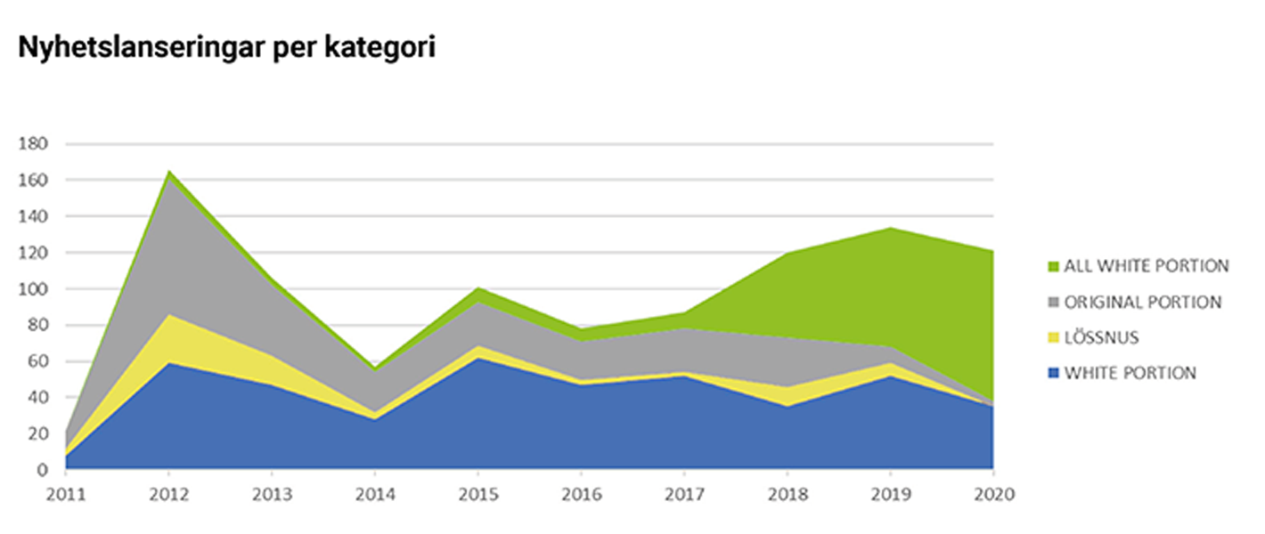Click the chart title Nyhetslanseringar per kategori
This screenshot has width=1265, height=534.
(226, 48)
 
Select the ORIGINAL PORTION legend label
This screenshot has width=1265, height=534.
(1143, 302)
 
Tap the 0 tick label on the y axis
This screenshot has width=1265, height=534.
(44, 470)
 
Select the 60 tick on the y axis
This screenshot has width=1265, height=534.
(38, 362)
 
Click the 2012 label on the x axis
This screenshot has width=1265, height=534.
(168, 493)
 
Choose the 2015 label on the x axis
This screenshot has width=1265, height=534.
(477, 493)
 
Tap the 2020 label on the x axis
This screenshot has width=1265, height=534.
(992, 493)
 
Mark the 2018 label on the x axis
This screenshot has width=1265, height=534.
(787, 493)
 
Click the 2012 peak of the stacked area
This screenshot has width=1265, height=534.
(169, 171)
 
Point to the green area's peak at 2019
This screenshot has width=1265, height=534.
(890, 228)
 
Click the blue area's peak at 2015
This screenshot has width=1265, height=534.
(477, 358)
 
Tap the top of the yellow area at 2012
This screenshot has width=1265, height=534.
(169, 314)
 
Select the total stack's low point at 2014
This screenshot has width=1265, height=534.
(375, 368)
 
